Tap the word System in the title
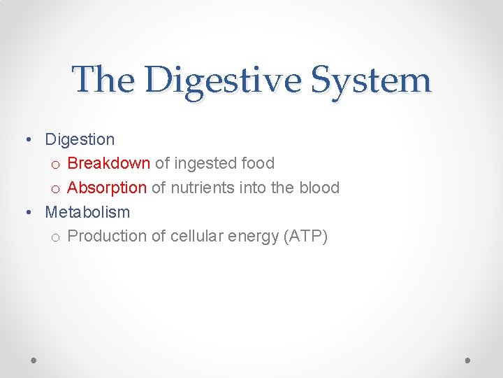[372, 80]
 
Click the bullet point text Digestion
[80, 140]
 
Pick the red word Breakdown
[108, 163]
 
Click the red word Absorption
[107, 188]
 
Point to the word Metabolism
[87, 211]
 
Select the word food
[258, 163]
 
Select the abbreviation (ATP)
[305, 237]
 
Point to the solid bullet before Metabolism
[27, 212]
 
